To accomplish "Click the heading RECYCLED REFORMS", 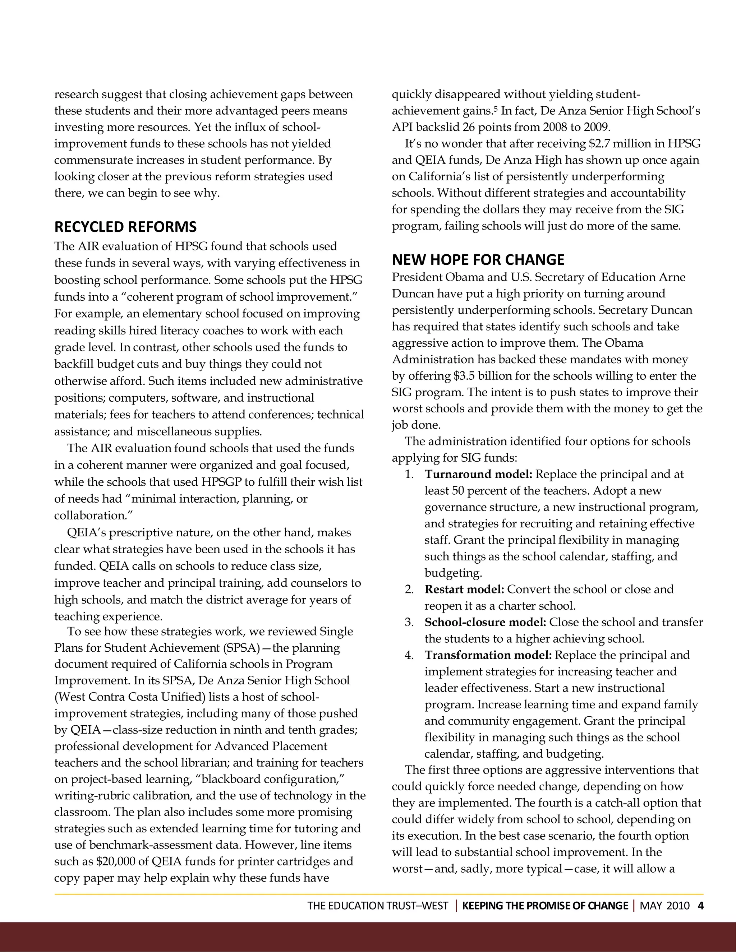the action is pyautogui.click(x=125, y=227).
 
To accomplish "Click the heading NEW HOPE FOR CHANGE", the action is pyautogui.click(x=478, y=260).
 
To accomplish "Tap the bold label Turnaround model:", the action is pyautogui.click(x=478, y=474).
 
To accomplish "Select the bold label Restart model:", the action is pyautogui.click(x=464, y=589).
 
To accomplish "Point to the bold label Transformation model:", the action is pyautogui.click(x=488, y=655).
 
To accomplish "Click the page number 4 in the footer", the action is pyautogui.click(x=701, y=906).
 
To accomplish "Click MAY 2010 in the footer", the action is pyautogui.click(x=664, y=906).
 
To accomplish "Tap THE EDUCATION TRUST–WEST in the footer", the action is pyautogui.click(x=378, y=906).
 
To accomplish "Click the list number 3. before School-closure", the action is pyautogui.click(x=409, y=623).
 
